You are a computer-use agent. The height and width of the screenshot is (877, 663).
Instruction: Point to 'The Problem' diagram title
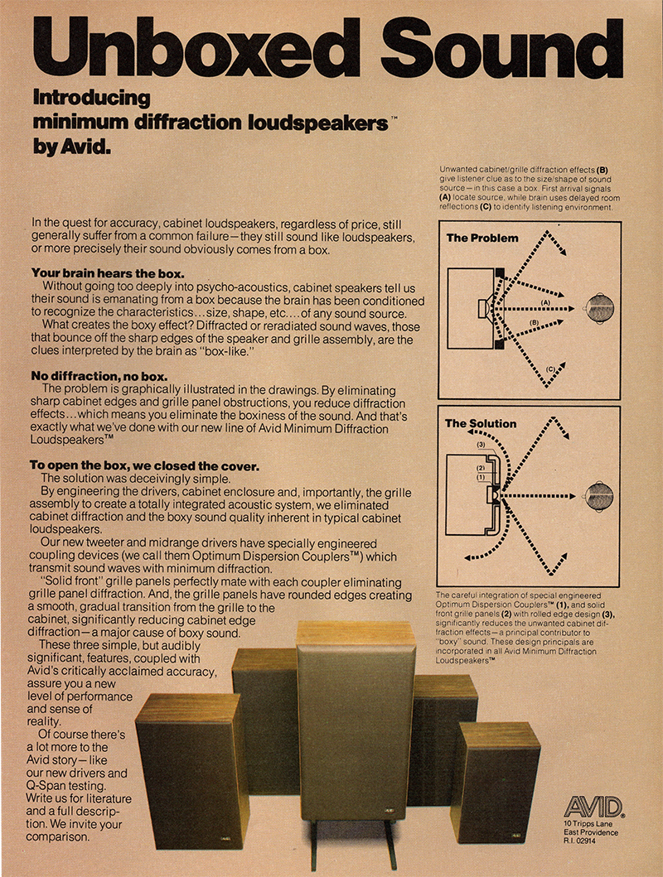[482, 238]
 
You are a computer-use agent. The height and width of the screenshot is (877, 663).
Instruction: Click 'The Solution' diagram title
[481, 423]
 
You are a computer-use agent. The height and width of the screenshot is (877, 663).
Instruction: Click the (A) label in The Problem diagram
[545, 303]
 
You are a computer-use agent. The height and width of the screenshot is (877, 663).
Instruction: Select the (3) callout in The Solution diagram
[481, 445]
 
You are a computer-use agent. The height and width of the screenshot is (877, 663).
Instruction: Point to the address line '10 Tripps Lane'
[590, 823]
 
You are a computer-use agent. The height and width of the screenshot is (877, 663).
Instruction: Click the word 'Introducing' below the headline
[91, 98]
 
